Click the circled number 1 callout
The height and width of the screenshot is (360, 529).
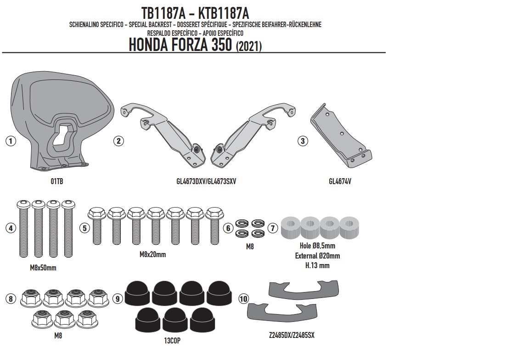[x=11, y=141]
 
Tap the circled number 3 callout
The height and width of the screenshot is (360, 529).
[x=302, y=141]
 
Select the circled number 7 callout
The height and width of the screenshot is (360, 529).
[x=273, y=228]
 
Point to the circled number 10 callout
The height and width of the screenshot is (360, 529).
[x=243, y=299]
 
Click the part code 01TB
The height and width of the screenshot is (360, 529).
[x=57, y=181]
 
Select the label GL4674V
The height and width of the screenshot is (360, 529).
[x=340, y=181]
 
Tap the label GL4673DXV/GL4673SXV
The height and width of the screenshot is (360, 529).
[x=206, y=181]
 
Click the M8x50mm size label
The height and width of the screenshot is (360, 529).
[x=43, y=268]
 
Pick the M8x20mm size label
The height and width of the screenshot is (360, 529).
[x=153, y=255]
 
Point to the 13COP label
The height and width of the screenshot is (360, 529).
[x=172, y=341]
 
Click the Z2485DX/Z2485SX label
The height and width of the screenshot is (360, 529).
[x=292, y=335]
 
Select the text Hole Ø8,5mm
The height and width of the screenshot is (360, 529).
[x=317, y=246]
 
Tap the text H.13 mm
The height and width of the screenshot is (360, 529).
[x=317, y=265]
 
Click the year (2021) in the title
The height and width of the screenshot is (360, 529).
[x=248, y=46]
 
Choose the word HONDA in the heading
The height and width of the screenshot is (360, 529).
[x=149, y=45]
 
